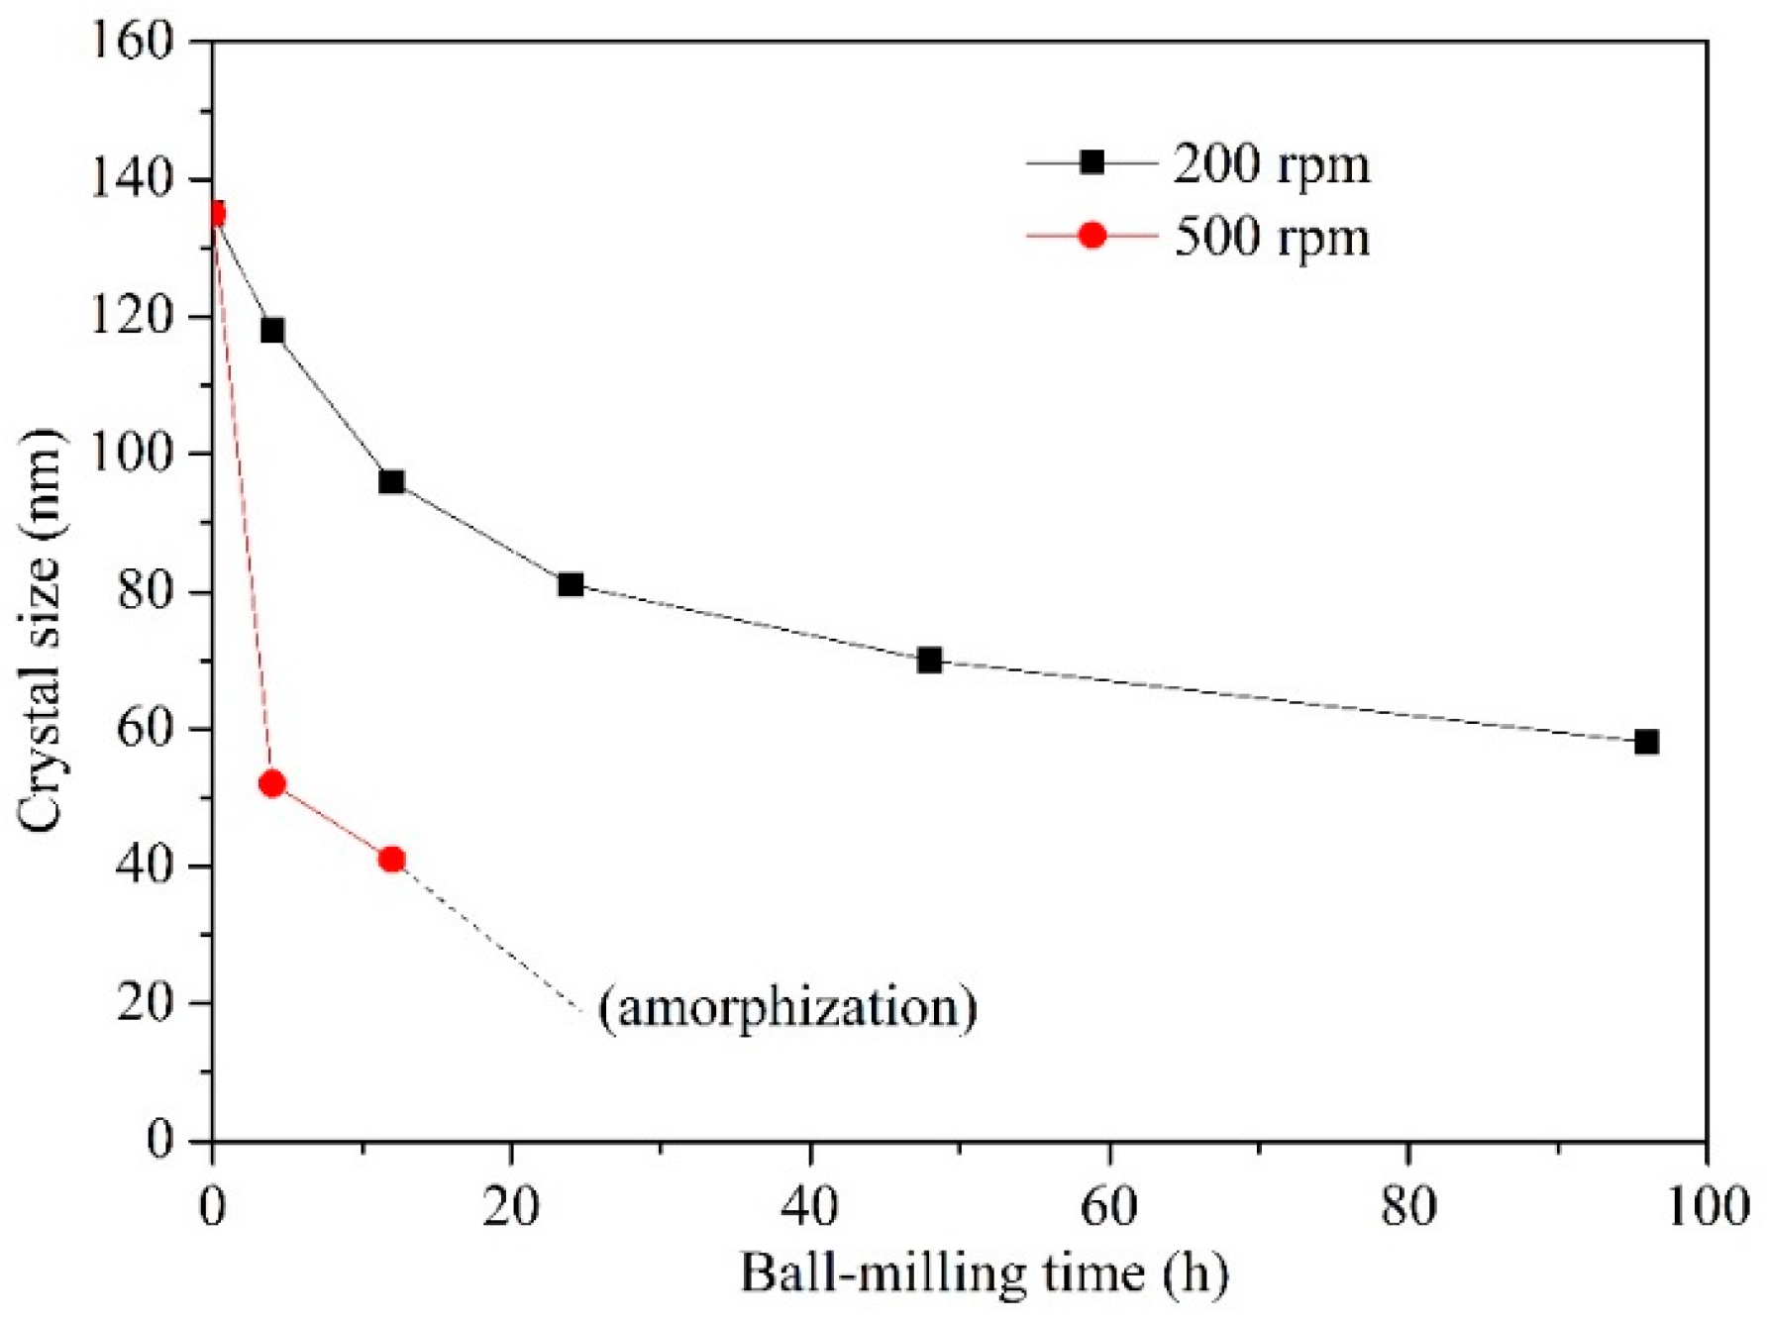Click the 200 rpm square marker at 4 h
(272, 330)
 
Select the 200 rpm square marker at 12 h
(391, 481)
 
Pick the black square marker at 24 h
(571, 584)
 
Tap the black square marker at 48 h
(929, 660)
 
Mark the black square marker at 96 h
(1646, 742)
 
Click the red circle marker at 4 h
(272, 783)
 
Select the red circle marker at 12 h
(391, 859)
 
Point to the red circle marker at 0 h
(215, 214)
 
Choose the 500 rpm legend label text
(1272, 237)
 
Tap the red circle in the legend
(1091, 236)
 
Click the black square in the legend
(1091, 161)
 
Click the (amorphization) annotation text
(787, 1007)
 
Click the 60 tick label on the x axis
(1109, 1208)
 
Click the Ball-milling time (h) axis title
(984, 1273)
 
